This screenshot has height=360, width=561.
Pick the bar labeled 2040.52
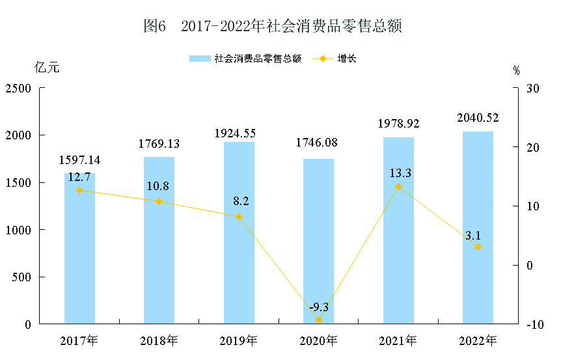pyautogui.click(x=478, y=228)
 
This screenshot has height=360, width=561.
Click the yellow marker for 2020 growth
pyautogui.click(x=319, y=320)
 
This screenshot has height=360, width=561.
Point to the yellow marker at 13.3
pyautogui.click(x=398, y=187)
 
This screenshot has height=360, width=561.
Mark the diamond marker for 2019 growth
pyautogui.click(x=239, y=217)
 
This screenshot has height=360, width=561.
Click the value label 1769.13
pyautogui.click(x=159, y=144)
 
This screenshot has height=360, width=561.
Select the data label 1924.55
pyautogui.click(x=239, y=133)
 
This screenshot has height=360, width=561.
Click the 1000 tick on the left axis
pyautogui.click(x=19, y=230)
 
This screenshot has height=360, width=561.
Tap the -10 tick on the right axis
pyautogui.click(x=534, y=324)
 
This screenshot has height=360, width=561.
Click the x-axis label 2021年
pyautogui.click(x=398, y=340)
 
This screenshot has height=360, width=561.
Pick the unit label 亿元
pyautogui.click(x=47, y=67)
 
